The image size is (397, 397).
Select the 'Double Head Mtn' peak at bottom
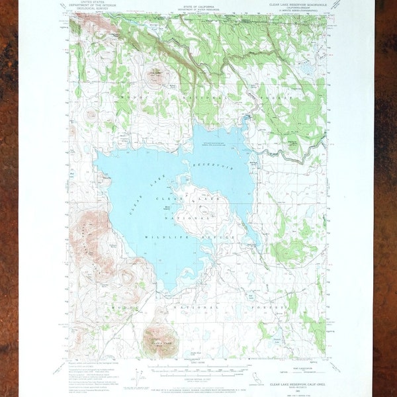tap(157, 339)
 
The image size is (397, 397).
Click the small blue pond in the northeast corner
tap(305, 67)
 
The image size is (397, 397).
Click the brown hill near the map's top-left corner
tap(89, 24)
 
